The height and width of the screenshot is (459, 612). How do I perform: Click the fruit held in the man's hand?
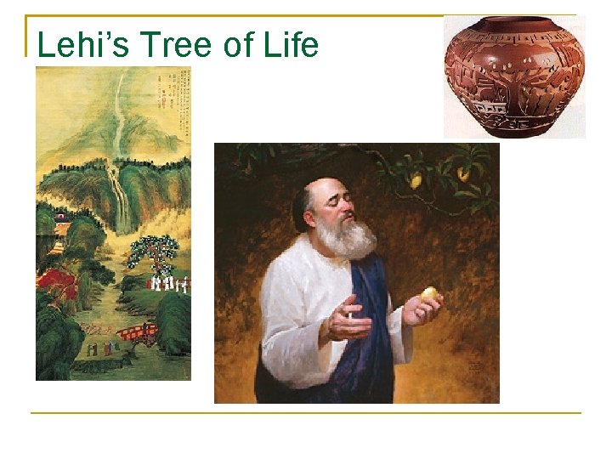pos(430,294)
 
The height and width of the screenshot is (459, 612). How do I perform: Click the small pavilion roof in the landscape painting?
pos(62,218)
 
